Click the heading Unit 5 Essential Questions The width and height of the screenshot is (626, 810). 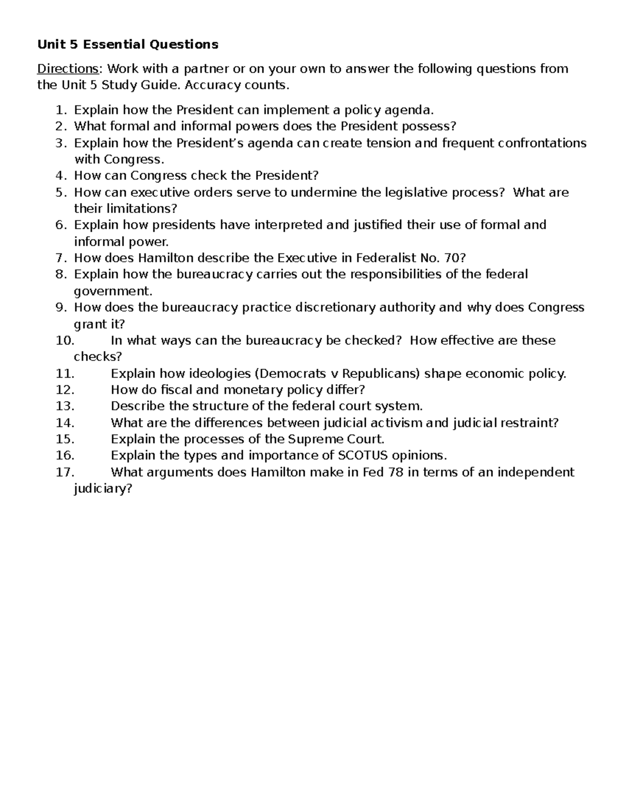[128, 44]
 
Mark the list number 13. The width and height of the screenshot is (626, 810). [65, 406]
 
